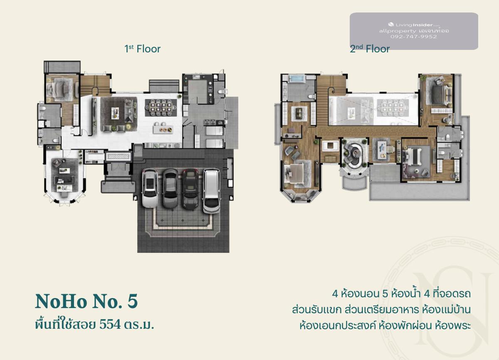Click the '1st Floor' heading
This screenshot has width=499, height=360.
coord(142,49)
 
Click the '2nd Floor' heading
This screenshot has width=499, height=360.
coord(370,49)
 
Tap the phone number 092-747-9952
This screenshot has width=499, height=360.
coord(414,37)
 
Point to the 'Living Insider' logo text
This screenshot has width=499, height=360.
coord(414,25)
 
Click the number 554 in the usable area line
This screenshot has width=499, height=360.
coord(110,324)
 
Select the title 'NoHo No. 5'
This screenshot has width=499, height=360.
coord(86,301)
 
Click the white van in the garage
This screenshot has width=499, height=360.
coord(211,191)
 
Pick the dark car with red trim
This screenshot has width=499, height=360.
coord(191,189)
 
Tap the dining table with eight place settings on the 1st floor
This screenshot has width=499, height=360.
coord(161,108)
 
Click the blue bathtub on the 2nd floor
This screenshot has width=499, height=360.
coord(296,79)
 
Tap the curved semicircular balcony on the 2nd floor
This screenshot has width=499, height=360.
coord(354,182)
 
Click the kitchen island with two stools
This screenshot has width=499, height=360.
coord(163,129)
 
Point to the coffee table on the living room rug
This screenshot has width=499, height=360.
coord(115,113)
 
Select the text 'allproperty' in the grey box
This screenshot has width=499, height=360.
coord(398,31)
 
